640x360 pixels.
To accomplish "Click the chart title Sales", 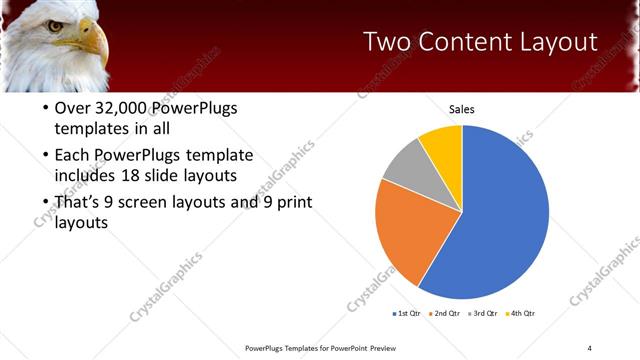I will tap(461, 109).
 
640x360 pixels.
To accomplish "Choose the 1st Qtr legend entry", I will tap(408, 314).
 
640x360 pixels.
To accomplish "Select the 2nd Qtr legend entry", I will tap(445, 314).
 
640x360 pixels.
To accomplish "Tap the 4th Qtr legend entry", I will tap(523, 314).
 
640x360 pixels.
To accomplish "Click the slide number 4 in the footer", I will tap(589, 348).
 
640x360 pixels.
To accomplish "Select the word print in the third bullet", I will tap(282, 203).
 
